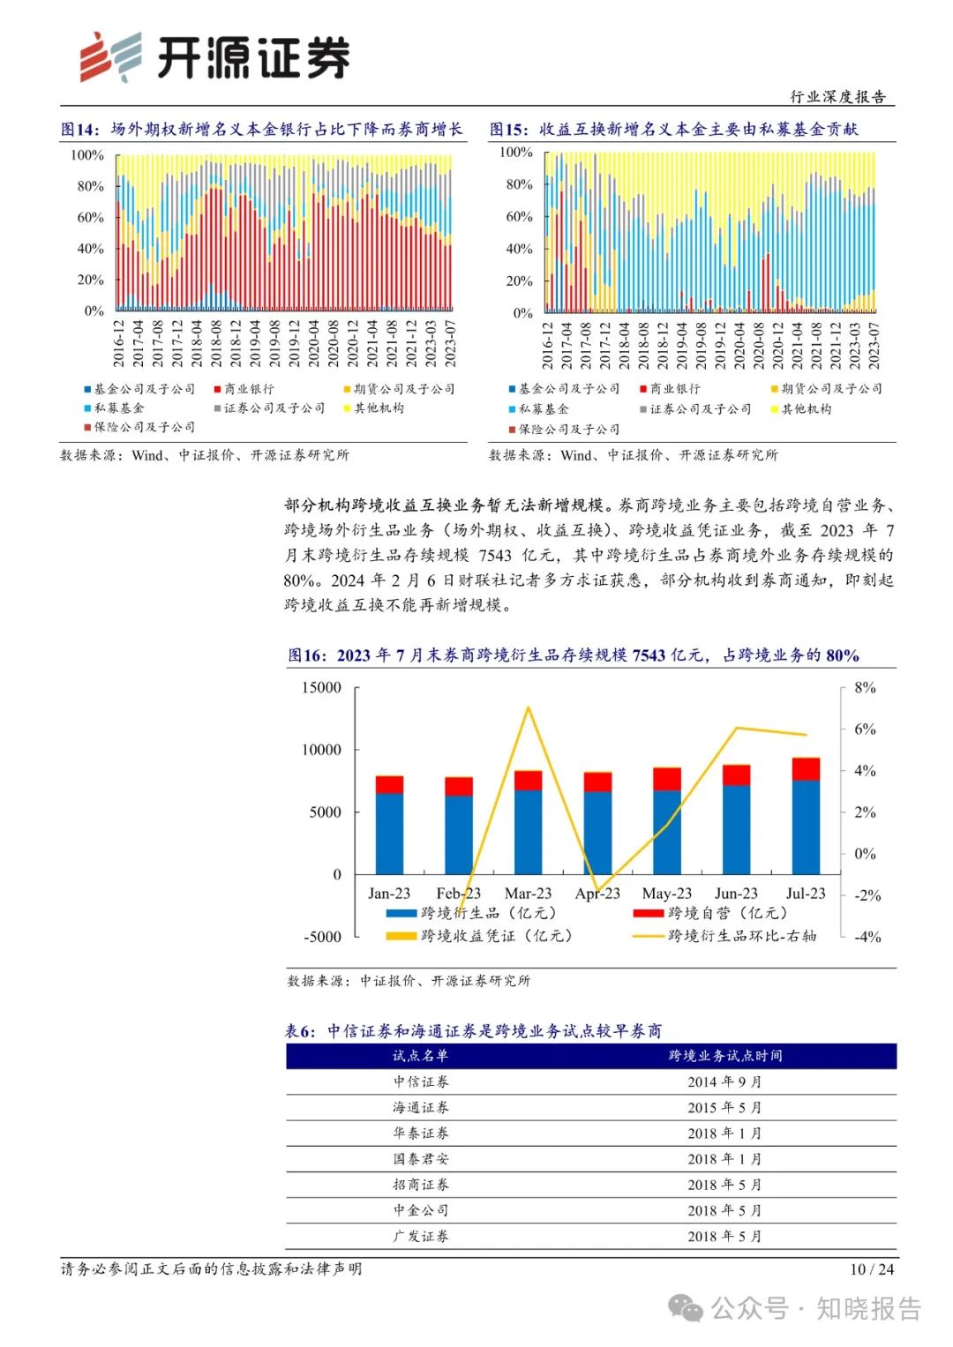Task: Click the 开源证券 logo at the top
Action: coord(214,57)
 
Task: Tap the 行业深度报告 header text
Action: coord(837,96)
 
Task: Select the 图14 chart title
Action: coord(261,130)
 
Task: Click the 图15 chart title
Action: coord(673,130)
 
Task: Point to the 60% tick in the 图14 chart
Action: coord(90,217)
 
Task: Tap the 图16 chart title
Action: coord(574,655)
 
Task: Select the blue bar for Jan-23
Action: coord(389,834)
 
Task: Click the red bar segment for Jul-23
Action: coord(806,769)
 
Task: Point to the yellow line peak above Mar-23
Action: coord(528,707)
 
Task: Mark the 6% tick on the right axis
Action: coord(865,730)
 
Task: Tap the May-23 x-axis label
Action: coord(666,894)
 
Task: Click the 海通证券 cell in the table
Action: coord(421,1108)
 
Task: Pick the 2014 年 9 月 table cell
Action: coord(724,1082)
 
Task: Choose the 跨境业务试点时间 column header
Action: coord(724,1056)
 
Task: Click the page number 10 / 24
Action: coord(872,1269)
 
